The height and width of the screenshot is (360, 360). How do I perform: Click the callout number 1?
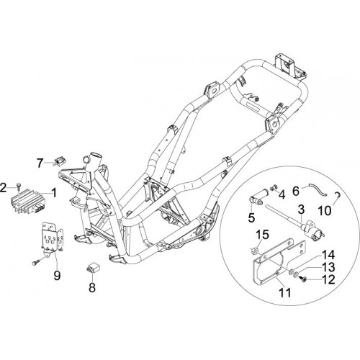(55, 193)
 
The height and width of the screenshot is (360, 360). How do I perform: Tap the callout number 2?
(3, 188)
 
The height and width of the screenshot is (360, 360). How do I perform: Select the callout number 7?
(40, 163)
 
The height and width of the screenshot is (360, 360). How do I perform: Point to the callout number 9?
(57, 276)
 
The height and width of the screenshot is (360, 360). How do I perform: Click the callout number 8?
(92, 287)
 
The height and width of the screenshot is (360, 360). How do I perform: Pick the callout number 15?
(263, 235)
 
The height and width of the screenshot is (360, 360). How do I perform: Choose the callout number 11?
(285, 292)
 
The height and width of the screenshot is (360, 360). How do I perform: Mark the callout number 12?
(328, 279)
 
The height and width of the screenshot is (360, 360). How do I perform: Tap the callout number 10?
(325, 210)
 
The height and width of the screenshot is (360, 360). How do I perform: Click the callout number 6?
(296, 192)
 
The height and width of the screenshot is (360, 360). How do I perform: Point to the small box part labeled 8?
(92, 268)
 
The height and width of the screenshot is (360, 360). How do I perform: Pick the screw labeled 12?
(302, 279)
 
